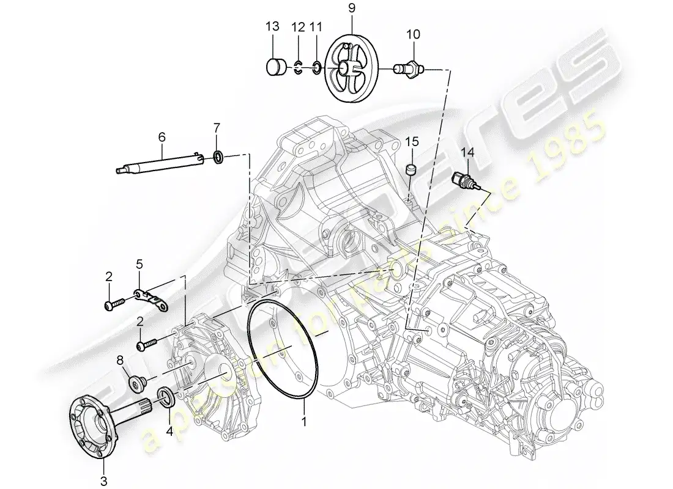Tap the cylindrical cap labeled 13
277,66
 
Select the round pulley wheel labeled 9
351,69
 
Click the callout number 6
162,139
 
